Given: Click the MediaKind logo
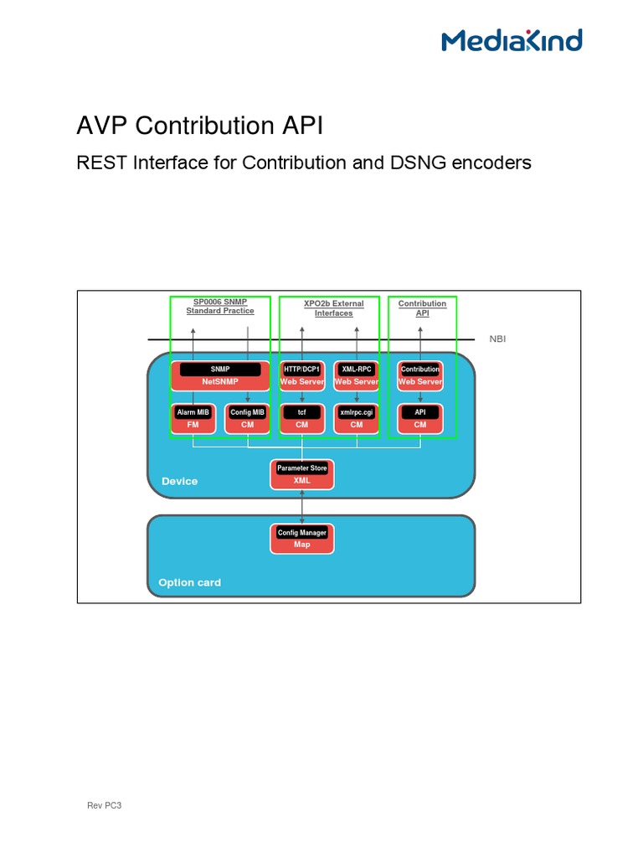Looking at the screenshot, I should pyautogui.click(x=512, y=40).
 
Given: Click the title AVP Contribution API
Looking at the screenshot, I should pyautogui.click(x=199, y=126).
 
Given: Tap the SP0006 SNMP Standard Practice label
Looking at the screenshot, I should pyautogui.click(x=220, y=307).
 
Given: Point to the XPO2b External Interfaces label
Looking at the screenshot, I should pyautogui.click(x=333, y=308).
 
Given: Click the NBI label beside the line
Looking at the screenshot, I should pyautogui.click(x=497, y=339).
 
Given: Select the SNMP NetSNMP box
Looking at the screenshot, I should pyautogui.click(x=220, y=375).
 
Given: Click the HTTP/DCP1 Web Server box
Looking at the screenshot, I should pyautogui.click(x=301, y=375).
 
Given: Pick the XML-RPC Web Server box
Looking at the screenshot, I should pyautogui.click(x=357, y=375).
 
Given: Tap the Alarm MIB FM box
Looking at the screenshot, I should pyautogui.click(x=193, y=418).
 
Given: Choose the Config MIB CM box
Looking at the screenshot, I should pyautogui.click(x=248, y=418).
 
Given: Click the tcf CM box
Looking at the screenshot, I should pyautogui.click(x=301, y=418).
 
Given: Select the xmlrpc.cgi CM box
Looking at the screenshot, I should pyautogui.click(x=357, y=418).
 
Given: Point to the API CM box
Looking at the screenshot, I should pyautogui.click(x=420, y=418).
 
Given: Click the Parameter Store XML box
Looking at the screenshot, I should pyautogui.click(x=302, y=474).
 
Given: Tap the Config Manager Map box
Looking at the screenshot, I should pyautogui.click(x=302, y=538).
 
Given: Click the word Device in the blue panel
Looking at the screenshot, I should pyautogui.click(x=179, y=481).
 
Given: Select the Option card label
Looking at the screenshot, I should pyautogui.click(x=190, y=582).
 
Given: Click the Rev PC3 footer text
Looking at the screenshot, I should pyautogui.click(x=105, y=805).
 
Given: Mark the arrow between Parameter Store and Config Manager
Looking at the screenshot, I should pyautogui.click(x=302, y=506).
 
